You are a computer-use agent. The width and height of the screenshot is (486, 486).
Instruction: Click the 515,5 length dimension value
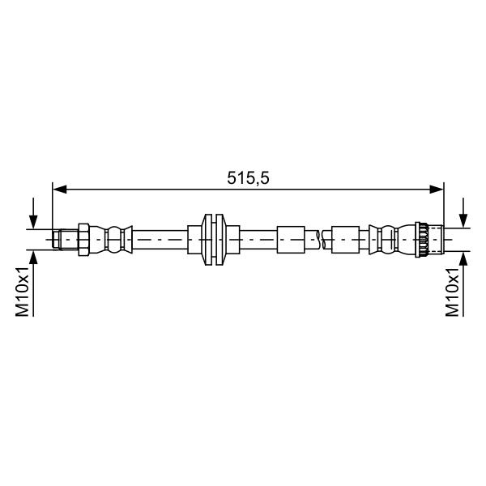click(x=248, y=178)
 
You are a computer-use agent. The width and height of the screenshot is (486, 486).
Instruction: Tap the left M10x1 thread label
click(x=23, y=292)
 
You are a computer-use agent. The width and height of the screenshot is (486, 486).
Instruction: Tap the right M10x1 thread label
click(x=452, y=292)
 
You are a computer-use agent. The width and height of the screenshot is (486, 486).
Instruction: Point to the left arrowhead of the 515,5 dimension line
click(x=60, y=189)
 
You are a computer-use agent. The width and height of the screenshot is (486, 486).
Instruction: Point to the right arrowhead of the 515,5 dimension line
click(x=437, y=189)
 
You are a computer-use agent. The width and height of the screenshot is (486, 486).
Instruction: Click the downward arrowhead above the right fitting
click(x=463, y=220)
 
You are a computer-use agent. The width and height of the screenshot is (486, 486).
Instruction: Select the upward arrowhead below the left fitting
click(x=33, y=258)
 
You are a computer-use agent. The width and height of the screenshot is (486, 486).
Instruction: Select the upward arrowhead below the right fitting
click(x=463, y=258)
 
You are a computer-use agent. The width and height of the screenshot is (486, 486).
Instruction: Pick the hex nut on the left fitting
click(x=83, y=240)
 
